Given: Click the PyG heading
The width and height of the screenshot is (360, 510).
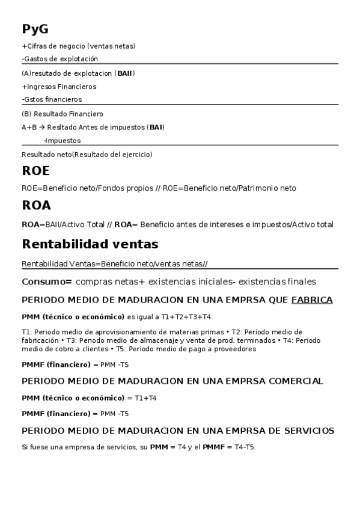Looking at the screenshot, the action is [x=35, y=29].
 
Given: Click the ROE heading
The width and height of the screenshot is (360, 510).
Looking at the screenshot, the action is [x=35, y=171].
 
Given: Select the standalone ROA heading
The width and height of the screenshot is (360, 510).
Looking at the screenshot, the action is [x=36, y=206].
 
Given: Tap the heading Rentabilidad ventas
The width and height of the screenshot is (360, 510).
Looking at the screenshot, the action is [x=90, y=244].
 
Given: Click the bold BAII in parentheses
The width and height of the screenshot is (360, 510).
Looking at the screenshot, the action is [x=125, y=73].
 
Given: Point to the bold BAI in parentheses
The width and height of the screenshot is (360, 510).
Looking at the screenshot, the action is [x=155, y=127].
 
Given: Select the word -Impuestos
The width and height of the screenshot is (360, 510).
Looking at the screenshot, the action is [x=63, y=141].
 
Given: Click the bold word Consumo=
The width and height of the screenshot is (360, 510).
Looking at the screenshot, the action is [x=47, y=281].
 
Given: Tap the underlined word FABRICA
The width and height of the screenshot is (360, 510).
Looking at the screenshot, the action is [x=311, y=300].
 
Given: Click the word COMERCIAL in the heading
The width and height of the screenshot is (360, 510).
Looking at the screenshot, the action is [x=291, y=381].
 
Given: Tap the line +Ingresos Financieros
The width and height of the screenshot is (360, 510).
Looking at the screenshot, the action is [x=59, y=87].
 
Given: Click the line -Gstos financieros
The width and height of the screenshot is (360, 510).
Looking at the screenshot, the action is [x=52, y=99].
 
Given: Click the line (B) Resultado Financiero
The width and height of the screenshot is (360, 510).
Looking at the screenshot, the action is [x=63, y=114].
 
